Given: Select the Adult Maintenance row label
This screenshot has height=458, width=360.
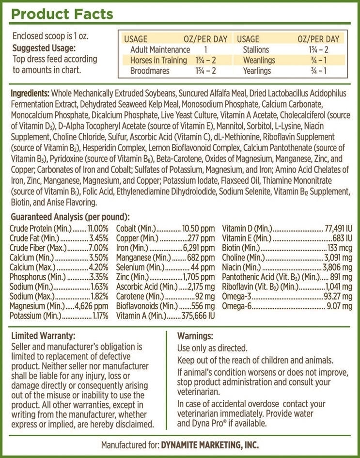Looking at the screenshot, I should point(160,50).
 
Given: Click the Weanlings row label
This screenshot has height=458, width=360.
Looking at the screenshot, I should point(259,61).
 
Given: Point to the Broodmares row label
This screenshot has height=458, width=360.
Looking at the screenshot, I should point(151,71).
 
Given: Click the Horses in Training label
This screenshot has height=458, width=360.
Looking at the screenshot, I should point(158,61).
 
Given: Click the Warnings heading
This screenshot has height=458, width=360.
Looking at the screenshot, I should point(195,335).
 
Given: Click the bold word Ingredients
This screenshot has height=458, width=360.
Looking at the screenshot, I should point(30,93).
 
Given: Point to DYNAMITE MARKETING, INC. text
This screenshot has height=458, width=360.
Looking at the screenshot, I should point(209,444).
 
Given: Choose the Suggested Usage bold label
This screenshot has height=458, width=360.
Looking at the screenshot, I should point(44,48).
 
